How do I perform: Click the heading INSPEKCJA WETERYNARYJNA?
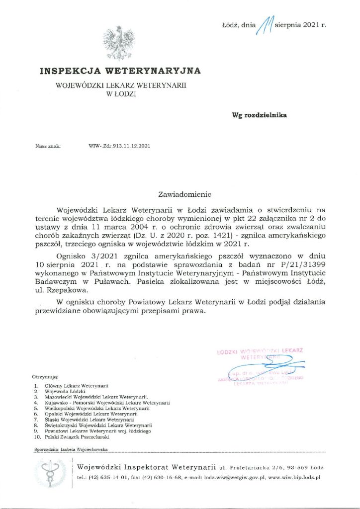(x=120, y=71)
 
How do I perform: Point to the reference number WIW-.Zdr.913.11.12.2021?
(x=119, y=146)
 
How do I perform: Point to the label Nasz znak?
(x=48, y=146)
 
